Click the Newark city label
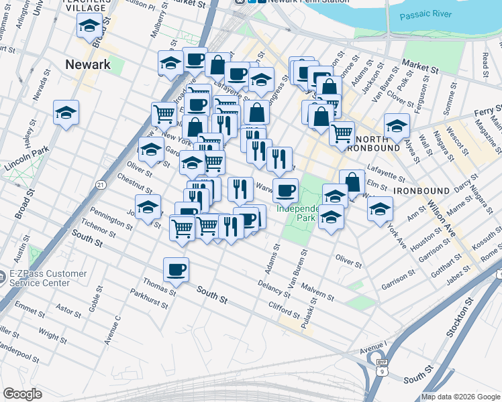pyautogui.click(x=88, y=65)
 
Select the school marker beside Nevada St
pyautogui.click(x=66, y=112)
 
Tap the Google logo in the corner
pyautogui.click(x=22, y=393)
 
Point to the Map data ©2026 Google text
pyautogui.click(x=460, y=397)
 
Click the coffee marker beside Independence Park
pyautogui.click(x=285, y=190)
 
